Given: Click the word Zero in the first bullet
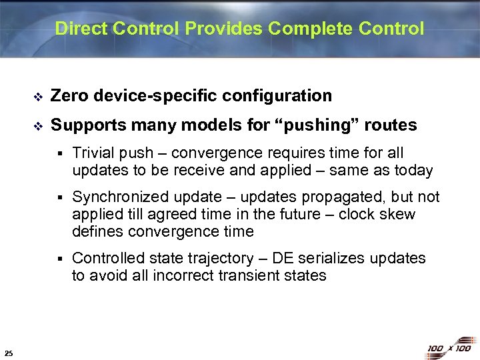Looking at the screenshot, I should coord(70,96).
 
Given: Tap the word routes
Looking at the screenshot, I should coord(392,125).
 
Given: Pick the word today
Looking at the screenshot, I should coord(413,170).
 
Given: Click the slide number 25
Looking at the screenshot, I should coord(7,353).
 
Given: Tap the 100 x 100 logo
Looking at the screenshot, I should coord(449,347).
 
